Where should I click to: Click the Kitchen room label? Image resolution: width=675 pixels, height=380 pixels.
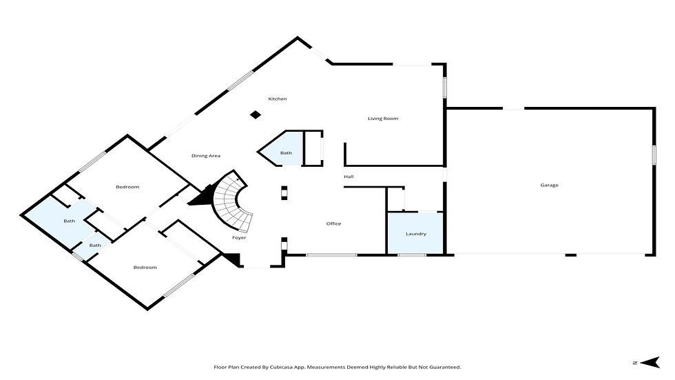point(277,99)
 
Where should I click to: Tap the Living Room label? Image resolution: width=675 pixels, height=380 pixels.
point(383,119)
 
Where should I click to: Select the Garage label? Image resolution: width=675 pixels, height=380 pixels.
point(550,186)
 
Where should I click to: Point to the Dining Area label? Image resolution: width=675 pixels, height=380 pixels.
point(206,156)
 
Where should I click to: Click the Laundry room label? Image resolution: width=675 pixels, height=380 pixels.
point(416,234)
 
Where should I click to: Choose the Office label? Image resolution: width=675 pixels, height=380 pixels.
point(333,223)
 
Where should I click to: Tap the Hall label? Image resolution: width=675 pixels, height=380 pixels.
point(349,177)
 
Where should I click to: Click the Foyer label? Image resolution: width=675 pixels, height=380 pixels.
point(239,238)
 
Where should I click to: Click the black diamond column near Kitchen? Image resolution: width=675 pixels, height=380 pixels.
point(256,114)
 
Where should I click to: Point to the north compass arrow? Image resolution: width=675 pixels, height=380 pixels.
point(650,362)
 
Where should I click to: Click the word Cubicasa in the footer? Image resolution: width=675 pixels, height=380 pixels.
point(282,367)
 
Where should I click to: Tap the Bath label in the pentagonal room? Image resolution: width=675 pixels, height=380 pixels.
point(286,153)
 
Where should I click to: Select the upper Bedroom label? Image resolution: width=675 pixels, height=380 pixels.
point(127,187)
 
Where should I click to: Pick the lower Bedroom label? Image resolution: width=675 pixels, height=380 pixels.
point(145,268)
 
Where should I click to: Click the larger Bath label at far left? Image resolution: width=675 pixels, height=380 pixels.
point(70,221)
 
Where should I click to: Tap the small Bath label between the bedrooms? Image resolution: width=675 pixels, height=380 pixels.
point(95,246)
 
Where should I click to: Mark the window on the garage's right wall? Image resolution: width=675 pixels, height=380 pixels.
point(654,154)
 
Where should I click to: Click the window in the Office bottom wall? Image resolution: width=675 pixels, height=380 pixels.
point(331,255)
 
